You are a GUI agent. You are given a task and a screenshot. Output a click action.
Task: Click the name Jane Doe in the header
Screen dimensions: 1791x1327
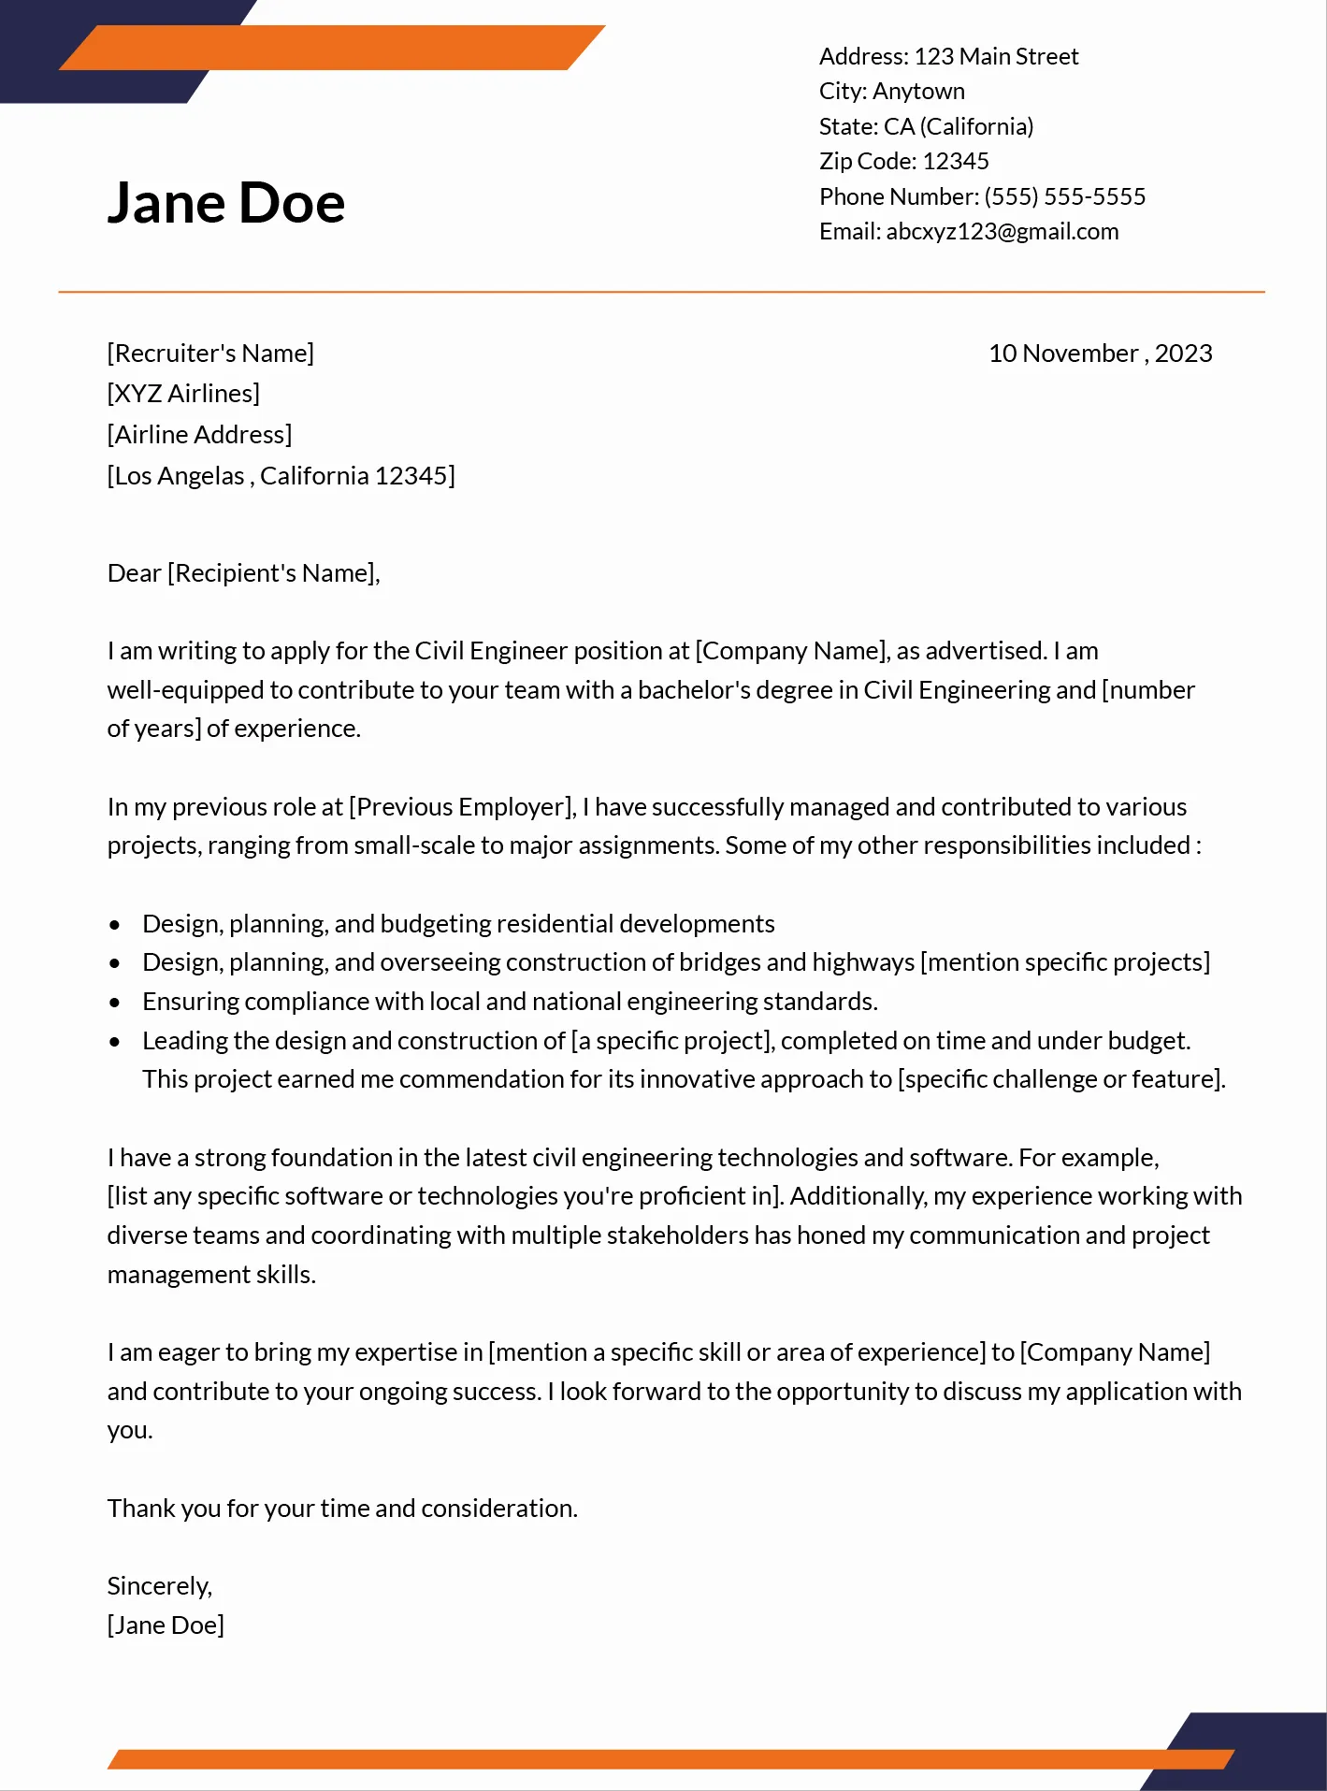226,203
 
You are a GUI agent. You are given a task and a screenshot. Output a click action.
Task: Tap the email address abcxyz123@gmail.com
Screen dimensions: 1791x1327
1002,232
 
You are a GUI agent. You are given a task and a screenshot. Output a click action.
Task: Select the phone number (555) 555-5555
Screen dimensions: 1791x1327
1064,197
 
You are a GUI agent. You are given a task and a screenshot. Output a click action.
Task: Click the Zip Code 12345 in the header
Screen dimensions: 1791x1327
955,162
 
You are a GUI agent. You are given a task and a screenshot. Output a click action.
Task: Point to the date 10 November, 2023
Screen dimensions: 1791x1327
1100,354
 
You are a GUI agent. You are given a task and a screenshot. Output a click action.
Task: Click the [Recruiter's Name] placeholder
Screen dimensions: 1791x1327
210,354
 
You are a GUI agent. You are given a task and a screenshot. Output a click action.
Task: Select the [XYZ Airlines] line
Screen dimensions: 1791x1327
183,394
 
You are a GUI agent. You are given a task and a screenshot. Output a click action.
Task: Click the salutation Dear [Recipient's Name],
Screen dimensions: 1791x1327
243,573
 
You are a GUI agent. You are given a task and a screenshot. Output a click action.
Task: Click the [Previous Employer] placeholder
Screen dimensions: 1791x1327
462,807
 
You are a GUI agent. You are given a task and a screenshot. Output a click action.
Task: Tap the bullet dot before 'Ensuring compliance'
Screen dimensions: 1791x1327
114,1003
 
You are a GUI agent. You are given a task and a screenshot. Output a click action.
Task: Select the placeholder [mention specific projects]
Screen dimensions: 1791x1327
1065,962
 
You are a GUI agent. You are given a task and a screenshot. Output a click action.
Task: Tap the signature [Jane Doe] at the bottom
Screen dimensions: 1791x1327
166,1625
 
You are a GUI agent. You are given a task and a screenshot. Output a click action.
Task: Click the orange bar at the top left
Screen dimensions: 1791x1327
332,48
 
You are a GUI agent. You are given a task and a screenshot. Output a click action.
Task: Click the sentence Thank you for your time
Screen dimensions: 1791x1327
342,1509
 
